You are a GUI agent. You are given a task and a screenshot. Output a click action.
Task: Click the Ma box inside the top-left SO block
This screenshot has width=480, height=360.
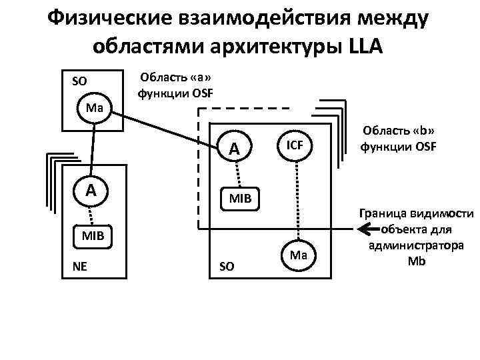click(x=93, y=107)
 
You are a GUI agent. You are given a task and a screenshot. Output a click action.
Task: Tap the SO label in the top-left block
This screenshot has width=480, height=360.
click(x=79, y=81)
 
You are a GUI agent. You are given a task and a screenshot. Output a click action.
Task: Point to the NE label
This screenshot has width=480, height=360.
click(x=79, y=267)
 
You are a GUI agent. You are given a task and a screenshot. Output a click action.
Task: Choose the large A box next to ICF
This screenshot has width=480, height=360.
click(x=234, y=148)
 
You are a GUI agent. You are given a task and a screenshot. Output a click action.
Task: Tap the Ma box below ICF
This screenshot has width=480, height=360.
click(x=298, y=255)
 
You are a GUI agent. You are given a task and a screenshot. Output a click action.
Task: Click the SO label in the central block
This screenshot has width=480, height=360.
click(x=227, y=267)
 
